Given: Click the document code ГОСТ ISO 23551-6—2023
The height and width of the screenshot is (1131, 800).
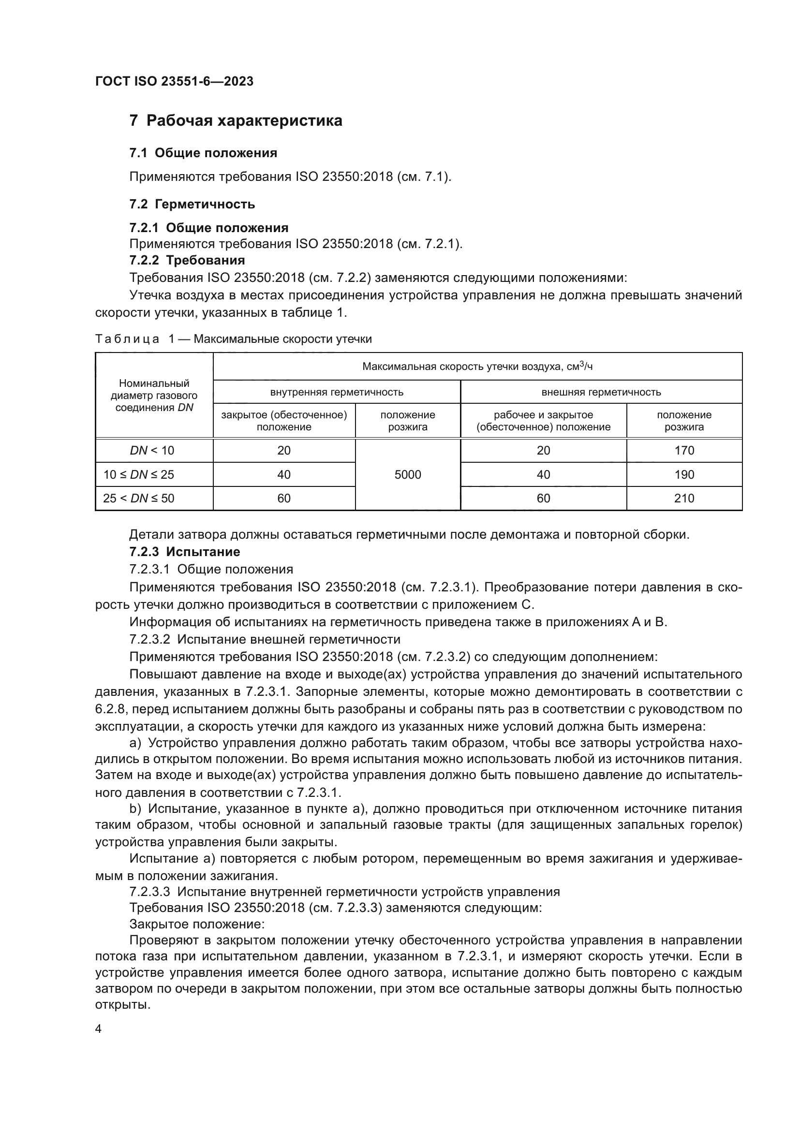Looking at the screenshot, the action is (x=174, y=81).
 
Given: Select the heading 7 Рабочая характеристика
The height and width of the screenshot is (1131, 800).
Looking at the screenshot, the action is (x=236, y=121).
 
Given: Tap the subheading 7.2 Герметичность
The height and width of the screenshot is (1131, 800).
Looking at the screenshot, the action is (x=192, y=204).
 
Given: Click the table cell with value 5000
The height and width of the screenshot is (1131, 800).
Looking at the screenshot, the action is (x=407, y=474).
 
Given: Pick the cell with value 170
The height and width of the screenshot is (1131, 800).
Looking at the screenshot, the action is (x=684, y=450).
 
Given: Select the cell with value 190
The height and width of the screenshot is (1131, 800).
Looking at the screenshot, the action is (x=684, y=474).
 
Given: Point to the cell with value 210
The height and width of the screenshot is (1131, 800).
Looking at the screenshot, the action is (x=684, y=498).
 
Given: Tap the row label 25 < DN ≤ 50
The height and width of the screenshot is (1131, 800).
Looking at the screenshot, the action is (x=138, y=498).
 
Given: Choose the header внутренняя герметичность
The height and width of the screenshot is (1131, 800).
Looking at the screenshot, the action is (x=337, y=392).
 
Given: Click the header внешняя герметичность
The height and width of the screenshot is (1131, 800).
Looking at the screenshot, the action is (x=601, y=392).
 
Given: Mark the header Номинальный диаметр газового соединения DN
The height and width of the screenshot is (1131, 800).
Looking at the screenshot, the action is (x=154, y=395).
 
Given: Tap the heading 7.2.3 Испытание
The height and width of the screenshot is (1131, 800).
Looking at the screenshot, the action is (x=185, y=552).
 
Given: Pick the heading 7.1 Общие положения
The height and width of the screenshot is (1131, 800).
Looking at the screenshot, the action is (x=203, y=153).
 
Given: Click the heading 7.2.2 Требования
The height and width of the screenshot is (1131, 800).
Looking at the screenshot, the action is (x=187, y=260).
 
